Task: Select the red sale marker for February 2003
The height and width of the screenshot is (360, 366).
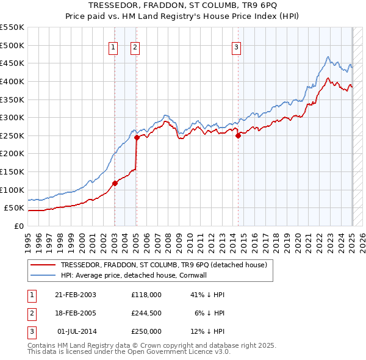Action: click(115, 182)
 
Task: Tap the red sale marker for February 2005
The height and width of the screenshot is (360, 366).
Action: click(137, 137)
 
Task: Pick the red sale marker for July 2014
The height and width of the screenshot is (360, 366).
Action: click(238, 135)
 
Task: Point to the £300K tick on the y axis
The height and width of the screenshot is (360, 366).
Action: click(13, 117)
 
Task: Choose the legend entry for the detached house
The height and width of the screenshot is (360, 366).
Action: click(163, 265)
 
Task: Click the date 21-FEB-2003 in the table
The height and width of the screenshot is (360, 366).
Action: click(76, 294)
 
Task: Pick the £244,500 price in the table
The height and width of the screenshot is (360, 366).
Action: click(146, 313)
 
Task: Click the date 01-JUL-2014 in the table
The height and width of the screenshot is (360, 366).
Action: click(76, 332)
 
